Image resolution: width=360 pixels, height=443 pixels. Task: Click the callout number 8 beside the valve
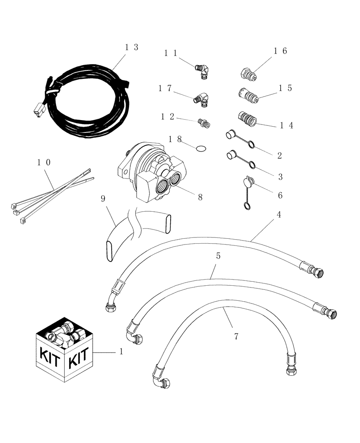[x=200, y=198]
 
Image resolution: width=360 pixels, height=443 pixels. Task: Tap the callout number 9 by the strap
[x=103, y=199]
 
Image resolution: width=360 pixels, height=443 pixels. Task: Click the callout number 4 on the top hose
[x=279, y=214]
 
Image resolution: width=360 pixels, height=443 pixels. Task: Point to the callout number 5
[x=218, y=256]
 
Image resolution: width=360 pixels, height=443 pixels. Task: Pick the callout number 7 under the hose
[x=236, y=337]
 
